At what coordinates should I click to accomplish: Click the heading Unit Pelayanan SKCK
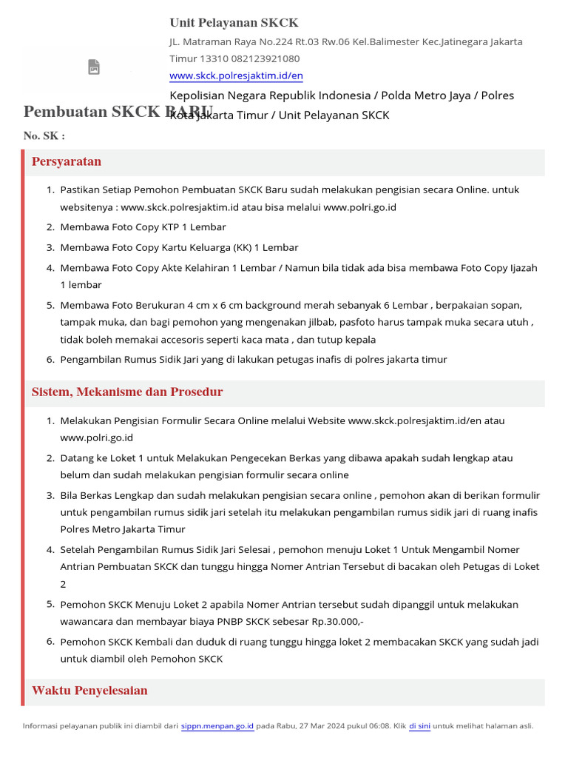(234, 23)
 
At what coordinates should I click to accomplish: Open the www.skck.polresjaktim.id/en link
(236, 76)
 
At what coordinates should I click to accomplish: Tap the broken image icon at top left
(94, 67)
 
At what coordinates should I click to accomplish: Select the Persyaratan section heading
(67, 162)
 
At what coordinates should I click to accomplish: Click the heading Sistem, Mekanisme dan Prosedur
(127, 392)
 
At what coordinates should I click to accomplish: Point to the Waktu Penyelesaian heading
(89, 691)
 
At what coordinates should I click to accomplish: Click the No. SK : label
(44, 136)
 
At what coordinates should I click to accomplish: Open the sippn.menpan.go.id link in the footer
(217, 726)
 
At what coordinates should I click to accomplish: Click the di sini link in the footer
(419, 726)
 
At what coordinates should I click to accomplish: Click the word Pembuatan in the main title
(64, 113)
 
